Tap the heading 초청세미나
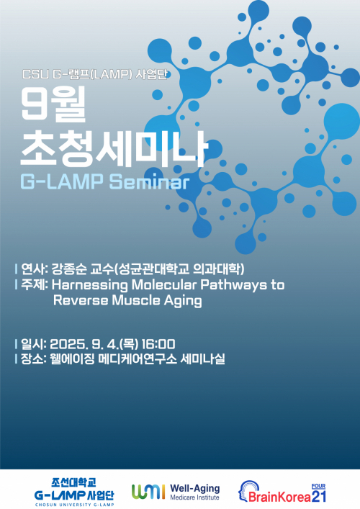[113, 148]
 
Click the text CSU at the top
[35, 74]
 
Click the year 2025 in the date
[70, 344]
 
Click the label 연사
[34, 269]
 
